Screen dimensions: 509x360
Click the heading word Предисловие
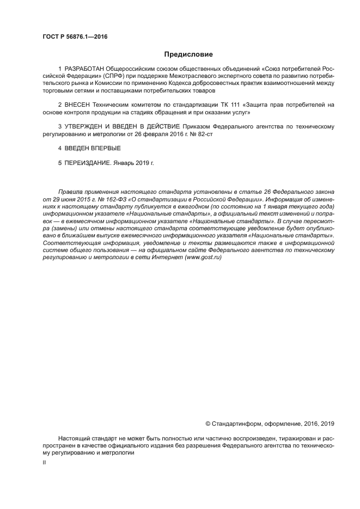click(x=188, y=54)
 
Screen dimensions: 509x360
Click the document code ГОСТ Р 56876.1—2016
click(x=75, y=36)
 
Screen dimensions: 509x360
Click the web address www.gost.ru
click(x=203, y=257)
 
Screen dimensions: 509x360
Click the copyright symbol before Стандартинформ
click(x=208, y=423)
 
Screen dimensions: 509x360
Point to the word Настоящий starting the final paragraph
click(x=74, y=438)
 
